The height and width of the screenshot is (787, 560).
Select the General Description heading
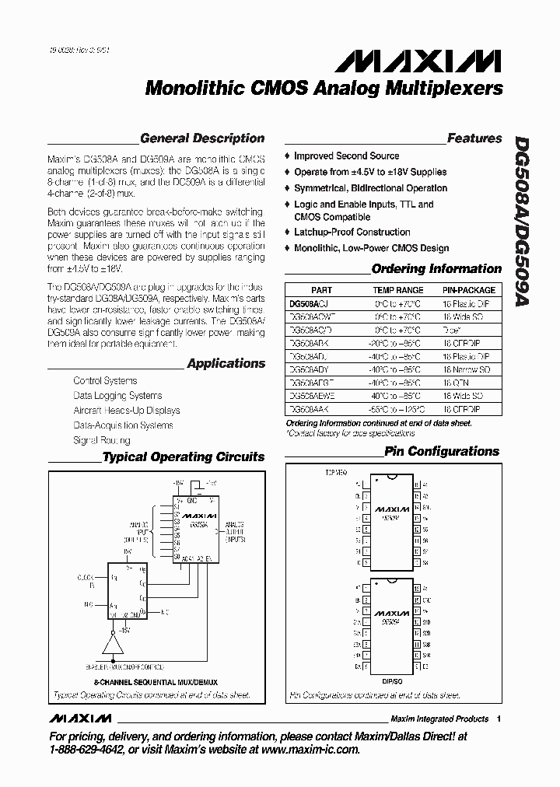click(x=202, y=138)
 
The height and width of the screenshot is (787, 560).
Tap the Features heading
click(x=474, y=138)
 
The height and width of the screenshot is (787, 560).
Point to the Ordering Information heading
click(x=436, y=269)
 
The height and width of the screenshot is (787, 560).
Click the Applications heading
click(x=226, y=363)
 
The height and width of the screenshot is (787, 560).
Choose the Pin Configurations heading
click(x=441, y=451)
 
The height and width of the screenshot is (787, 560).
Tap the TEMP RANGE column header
click(x=397, y=290)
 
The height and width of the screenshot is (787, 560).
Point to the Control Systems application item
click(x=105, y=381)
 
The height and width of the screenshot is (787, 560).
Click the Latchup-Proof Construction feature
click(x=352, y=233)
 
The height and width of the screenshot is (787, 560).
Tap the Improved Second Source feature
click(x=346, y=156)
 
